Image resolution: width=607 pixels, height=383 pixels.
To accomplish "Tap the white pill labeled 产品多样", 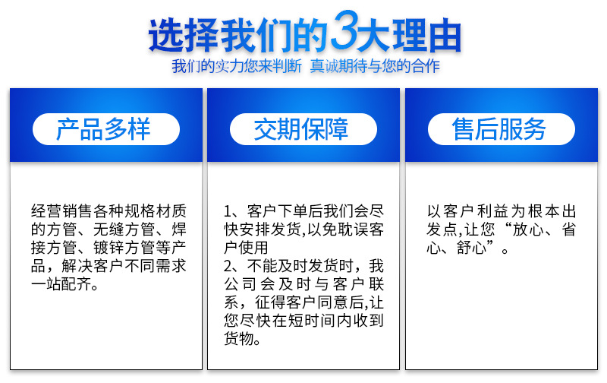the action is [106, 129].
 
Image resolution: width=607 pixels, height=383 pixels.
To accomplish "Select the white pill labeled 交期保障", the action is [303, 129].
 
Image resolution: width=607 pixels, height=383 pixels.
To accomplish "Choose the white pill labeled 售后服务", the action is [502, 129].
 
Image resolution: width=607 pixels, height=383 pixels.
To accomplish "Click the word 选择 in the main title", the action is [183, 35].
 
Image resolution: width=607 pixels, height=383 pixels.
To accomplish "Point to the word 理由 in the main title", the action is [427, 35].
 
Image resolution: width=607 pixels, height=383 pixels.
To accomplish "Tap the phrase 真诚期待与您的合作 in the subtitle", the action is [375, 66].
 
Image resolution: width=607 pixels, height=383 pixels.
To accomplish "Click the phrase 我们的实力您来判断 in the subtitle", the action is [237, 66].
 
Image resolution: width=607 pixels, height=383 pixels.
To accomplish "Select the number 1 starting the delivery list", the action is [228, 212].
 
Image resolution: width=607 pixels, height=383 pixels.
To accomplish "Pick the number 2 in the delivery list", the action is [228, 266].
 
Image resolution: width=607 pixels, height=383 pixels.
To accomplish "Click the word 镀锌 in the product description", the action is [109, 248].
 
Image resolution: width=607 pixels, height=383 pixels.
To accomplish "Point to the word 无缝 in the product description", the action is [109, 229].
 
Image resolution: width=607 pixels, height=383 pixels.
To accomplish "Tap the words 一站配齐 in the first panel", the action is [61, 284].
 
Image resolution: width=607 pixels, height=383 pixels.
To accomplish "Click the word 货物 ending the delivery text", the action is [239, 338].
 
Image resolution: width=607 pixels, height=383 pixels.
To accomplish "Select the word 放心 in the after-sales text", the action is [528, 229].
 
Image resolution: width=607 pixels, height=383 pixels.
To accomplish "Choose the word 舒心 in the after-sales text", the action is [471, 248].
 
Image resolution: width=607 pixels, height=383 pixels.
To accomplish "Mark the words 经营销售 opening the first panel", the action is [62, 211].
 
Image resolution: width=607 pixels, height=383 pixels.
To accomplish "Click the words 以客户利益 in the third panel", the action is [467, 211].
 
